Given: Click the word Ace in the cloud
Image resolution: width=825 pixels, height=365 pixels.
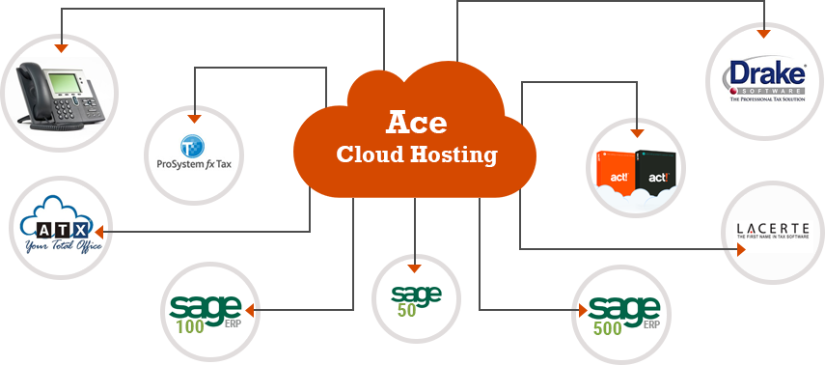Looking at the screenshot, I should [x=417, y=123].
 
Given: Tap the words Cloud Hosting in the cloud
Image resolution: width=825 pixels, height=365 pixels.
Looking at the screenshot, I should [x=416, y=154].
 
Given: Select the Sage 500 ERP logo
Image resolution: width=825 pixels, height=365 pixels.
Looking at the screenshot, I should [x=623, y=314].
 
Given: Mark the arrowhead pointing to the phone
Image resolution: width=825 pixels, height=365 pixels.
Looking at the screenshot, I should [x=61, y=46].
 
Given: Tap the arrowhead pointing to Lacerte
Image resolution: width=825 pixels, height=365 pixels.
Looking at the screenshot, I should [x=741, y=249].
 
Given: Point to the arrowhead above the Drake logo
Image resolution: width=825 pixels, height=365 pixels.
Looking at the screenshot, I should [x=765, y=33].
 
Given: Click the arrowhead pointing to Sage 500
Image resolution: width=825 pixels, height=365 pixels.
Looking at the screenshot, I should [x=582, y=311].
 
